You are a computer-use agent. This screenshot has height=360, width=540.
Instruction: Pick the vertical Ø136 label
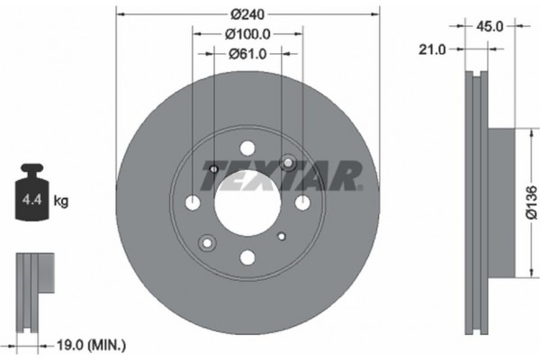530,202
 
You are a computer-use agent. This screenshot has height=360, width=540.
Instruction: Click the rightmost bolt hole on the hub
302,202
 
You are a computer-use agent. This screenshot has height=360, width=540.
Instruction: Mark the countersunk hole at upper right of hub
288,162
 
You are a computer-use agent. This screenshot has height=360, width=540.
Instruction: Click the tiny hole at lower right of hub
282,236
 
